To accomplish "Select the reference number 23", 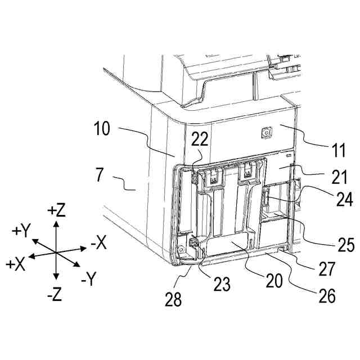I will pyautogui.click(x=222, y=284).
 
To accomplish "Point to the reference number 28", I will pyautogui.click(x=174, y=299).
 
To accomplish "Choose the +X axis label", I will pyautogui.click(x=15, y=264).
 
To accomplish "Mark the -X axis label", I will pyautogui.click(x=98, y=244).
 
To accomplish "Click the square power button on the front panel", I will pyautogui.click(x=265, y=133).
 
